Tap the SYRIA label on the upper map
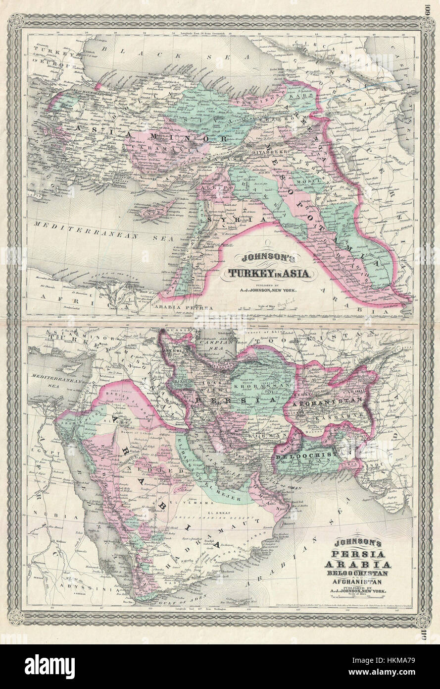(225, 219)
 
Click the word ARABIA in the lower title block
(357, 565)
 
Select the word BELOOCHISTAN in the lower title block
(357, 574)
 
